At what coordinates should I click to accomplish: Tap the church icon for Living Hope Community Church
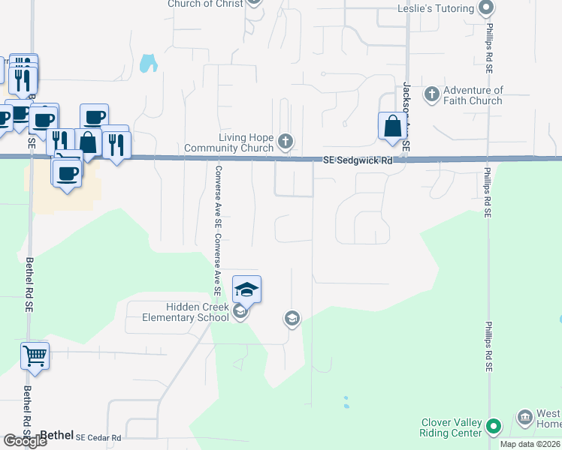click(x=285, y=141)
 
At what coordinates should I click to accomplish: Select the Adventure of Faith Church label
click(x=473, y=95)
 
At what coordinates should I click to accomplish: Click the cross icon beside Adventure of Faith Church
click(x=431, y=94)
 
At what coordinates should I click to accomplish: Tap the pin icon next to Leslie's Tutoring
click(x=486, y=8)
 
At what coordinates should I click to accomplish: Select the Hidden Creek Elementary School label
click(x=186, y=312)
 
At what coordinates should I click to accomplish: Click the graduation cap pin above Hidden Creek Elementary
click(x=246, y=289)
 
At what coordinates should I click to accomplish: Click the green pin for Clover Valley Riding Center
click(x=494, y=427)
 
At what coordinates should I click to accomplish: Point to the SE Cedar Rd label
click(x=98, y=438)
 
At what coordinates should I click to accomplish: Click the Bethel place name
click(x=56, y=434)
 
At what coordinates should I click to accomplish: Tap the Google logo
click(x=26, y=442)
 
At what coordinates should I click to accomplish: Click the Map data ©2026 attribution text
click(x=530, y=444)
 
